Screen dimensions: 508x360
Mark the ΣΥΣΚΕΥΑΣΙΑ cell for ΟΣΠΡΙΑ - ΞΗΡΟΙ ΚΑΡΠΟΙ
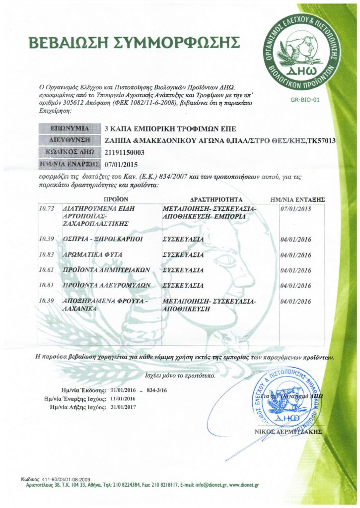183,239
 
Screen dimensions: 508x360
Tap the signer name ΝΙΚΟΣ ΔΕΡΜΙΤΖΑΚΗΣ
293,431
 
